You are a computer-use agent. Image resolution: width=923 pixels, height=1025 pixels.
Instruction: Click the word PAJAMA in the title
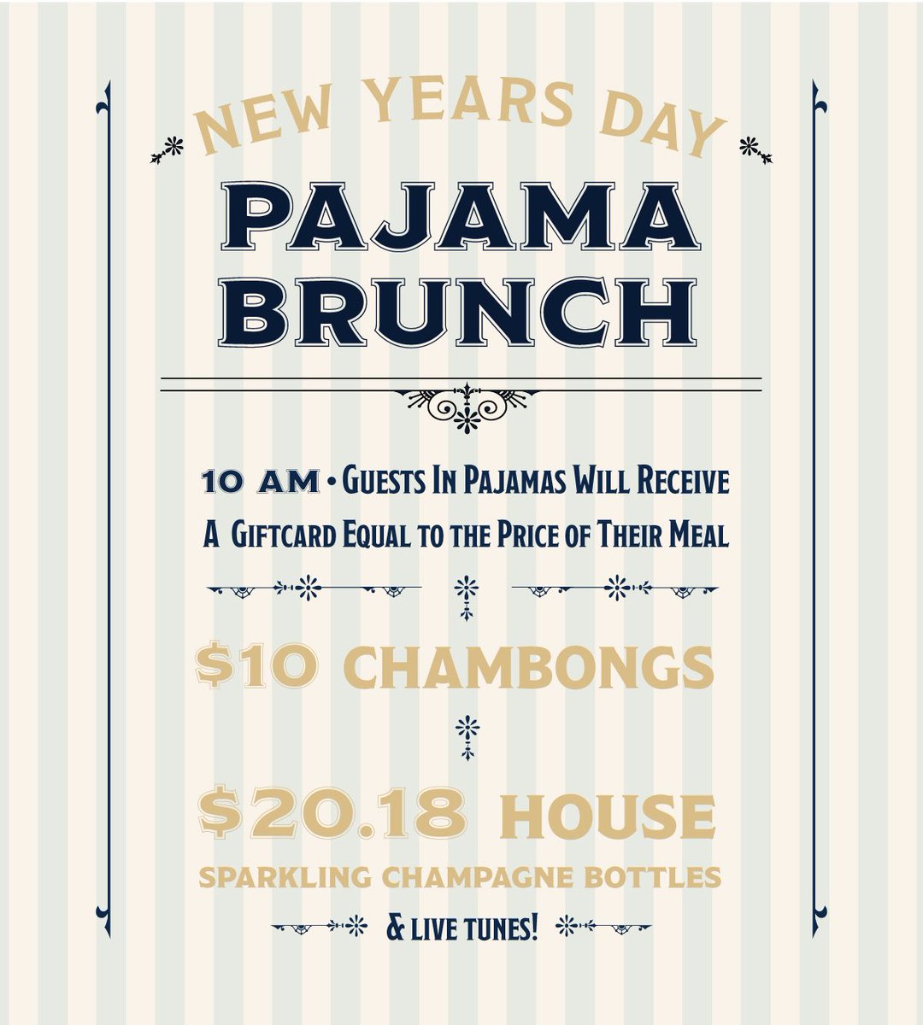point(462,220)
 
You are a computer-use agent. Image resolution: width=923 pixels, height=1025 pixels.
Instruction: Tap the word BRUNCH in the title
point(462,311)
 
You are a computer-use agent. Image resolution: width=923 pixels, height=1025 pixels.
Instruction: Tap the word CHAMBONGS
point(532,668)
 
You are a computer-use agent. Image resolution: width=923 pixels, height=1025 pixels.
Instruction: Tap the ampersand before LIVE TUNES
point(395,926)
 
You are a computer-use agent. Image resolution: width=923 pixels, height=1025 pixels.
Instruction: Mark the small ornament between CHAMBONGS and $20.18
point(466,737)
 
